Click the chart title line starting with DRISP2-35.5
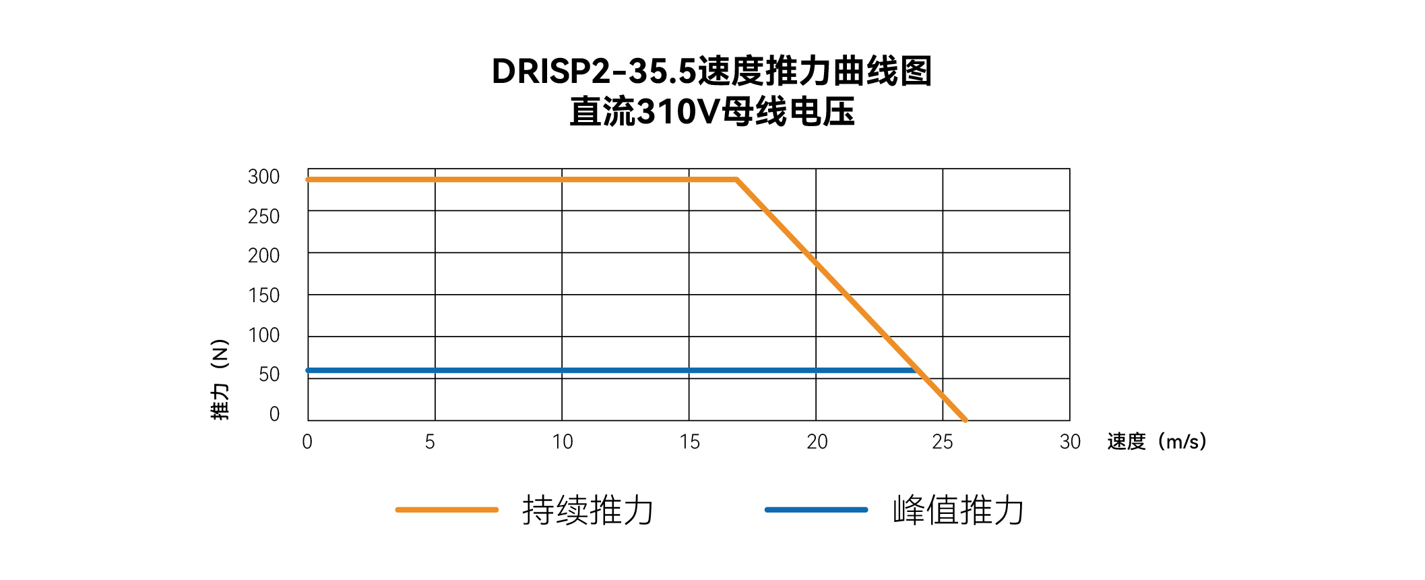point(711,71)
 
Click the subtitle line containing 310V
point(711,112)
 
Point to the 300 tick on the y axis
point(263,177)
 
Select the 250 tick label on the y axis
point(263,216)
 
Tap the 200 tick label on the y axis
point(263,256)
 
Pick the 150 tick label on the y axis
point(263,295)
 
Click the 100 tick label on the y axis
point(263,335)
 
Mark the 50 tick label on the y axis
point(269,374)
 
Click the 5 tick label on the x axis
point(430,442)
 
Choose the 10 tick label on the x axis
point(562,442)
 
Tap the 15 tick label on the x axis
point(689,442)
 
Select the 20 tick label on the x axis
point(817,442)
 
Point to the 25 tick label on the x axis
point(943,442)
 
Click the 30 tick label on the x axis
point(1070,442)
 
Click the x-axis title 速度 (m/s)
point(1156,442)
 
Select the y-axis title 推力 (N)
point(220,379)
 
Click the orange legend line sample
point(447,510)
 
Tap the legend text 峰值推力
point(958,510)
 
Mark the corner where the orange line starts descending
point(737,179)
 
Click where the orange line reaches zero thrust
point(965,420)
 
